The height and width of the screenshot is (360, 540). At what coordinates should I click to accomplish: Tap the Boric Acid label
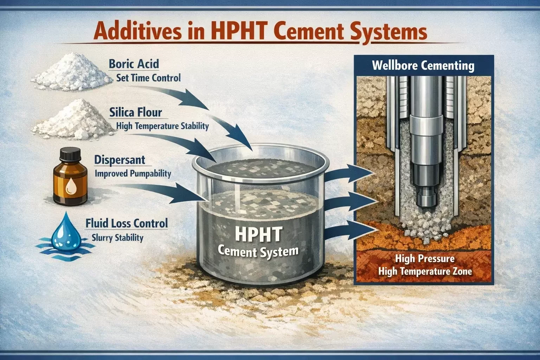tap(134, 64)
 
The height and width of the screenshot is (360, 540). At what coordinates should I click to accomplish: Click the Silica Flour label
tap(135, 112)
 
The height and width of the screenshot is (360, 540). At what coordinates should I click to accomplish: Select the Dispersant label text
tap(120, 160)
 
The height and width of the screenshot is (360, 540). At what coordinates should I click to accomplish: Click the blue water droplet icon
tap(64, 230)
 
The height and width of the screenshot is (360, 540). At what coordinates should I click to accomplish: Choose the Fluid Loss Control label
tap(127, 223)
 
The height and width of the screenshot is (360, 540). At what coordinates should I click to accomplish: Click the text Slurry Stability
tap(117, 238)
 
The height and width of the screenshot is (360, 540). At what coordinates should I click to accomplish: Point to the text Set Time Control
tap(148, 78)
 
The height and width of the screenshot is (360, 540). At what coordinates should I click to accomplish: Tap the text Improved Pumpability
tap(133, 173)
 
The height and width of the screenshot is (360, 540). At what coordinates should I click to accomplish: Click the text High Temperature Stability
tap(162, 126)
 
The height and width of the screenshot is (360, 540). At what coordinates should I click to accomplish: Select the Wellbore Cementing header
tap(423, 66)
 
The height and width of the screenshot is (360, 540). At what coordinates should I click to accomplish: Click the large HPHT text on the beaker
tap(258, 234)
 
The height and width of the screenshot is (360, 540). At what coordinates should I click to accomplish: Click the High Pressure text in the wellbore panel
tap(425, 258)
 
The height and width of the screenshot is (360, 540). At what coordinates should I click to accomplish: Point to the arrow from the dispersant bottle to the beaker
tap(159, 193)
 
